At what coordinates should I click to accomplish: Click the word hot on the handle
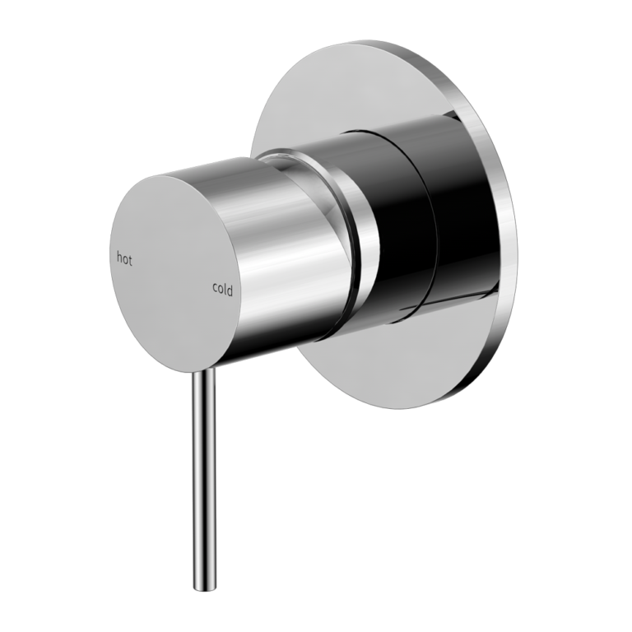point(123,259)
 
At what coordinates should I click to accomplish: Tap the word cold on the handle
point(222,289)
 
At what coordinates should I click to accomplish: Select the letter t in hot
point(129,260)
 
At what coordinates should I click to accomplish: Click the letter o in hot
point(124,260)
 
